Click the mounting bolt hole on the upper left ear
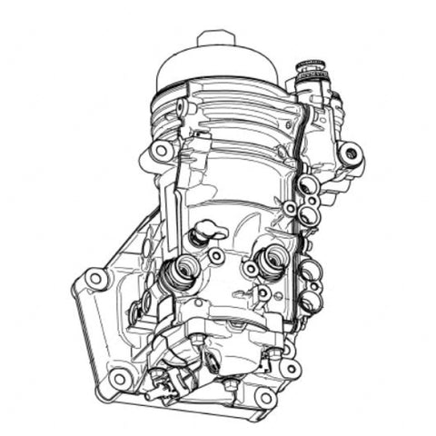pos(162,150)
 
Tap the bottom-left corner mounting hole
pos(119,378)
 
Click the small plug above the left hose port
pos(198,238)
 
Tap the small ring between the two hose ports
pos(217,257)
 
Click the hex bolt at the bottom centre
pos(230,387)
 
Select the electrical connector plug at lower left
pos(163,381)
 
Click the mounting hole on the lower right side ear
pos(290,369)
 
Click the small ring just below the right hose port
pos(263,292)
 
